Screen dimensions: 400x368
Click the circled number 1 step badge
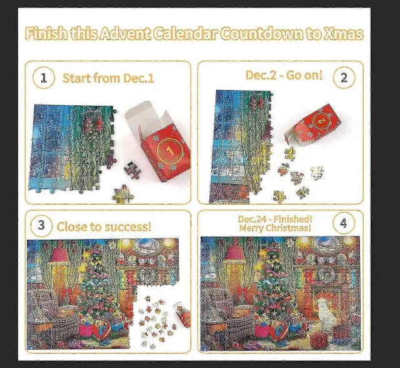tap(44, 78)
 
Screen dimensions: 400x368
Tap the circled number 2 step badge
tap(344, 78)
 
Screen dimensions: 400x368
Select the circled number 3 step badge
tap(41, 225)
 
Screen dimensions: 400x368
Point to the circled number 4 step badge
tap(344, 223)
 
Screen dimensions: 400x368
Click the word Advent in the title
tap(125, 34)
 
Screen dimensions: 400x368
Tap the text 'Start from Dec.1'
tap(108, 78)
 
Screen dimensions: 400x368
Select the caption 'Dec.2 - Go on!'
tap(284, 75)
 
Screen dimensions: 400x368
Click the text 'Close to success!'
tap(104, 227)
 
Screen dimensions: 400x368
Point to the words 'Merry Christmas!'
tap(275, 228)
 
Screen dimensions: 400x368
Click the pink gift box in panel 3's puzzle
tap(87, 330)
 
